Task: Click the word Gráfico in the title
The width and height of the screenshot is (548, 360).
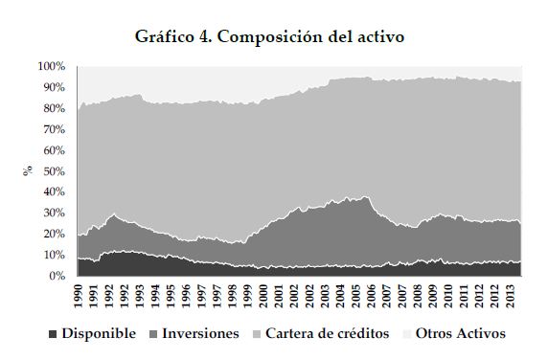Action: [x=165, y=37]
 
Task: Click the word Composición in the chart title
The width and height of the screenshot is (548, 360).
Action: [x=270, y=37]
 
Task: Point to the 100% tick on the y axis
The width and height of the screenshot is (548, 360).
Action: [x=52, y=66]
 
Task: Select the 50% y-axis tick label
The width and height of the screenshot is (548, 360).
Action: [x=55, y=171]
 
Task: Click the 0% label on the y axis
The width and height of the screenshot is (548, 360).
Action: [x=57, y=276]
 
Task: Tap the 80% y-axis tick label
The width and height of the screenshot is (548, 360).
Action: [x=55, y=108]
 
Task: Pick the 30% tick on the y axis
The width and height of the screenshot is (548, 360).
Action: [x=55, y=213]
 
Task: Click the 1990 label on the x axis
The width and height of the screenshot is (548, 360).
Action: [x=79, y=296]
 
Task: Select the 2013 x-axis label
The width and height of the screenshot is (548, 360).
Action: [x=511, y=296]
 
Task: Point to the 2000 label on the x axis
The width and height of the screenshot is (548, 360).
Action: [x=263, y=296]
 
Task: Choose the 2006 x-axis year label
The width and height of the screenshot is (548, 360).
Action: [x=372, y=296]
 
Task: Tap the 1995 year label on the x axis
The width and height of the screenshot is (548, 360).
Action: [x=171, y=296]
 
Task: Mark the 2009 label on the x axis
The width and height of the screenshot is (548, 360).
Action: [x=433, y=296]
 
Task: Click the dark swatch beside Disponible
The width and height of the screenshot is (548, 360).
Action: [x=53, y=334]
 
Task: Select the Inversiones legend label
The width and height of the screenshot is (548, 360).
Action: [x=200, y=333]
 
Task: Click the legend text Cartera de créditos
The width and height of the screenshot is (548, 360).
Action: [x=327, y=333]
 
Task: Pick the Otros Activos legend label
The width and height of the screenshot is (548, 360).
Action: [x=461, y=333]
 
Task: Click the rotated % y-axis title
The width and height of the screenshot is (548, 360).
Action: [x=28, y=170]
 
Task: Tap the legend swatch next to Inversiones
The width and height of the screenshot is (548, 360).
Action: [x=153, y=334]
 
